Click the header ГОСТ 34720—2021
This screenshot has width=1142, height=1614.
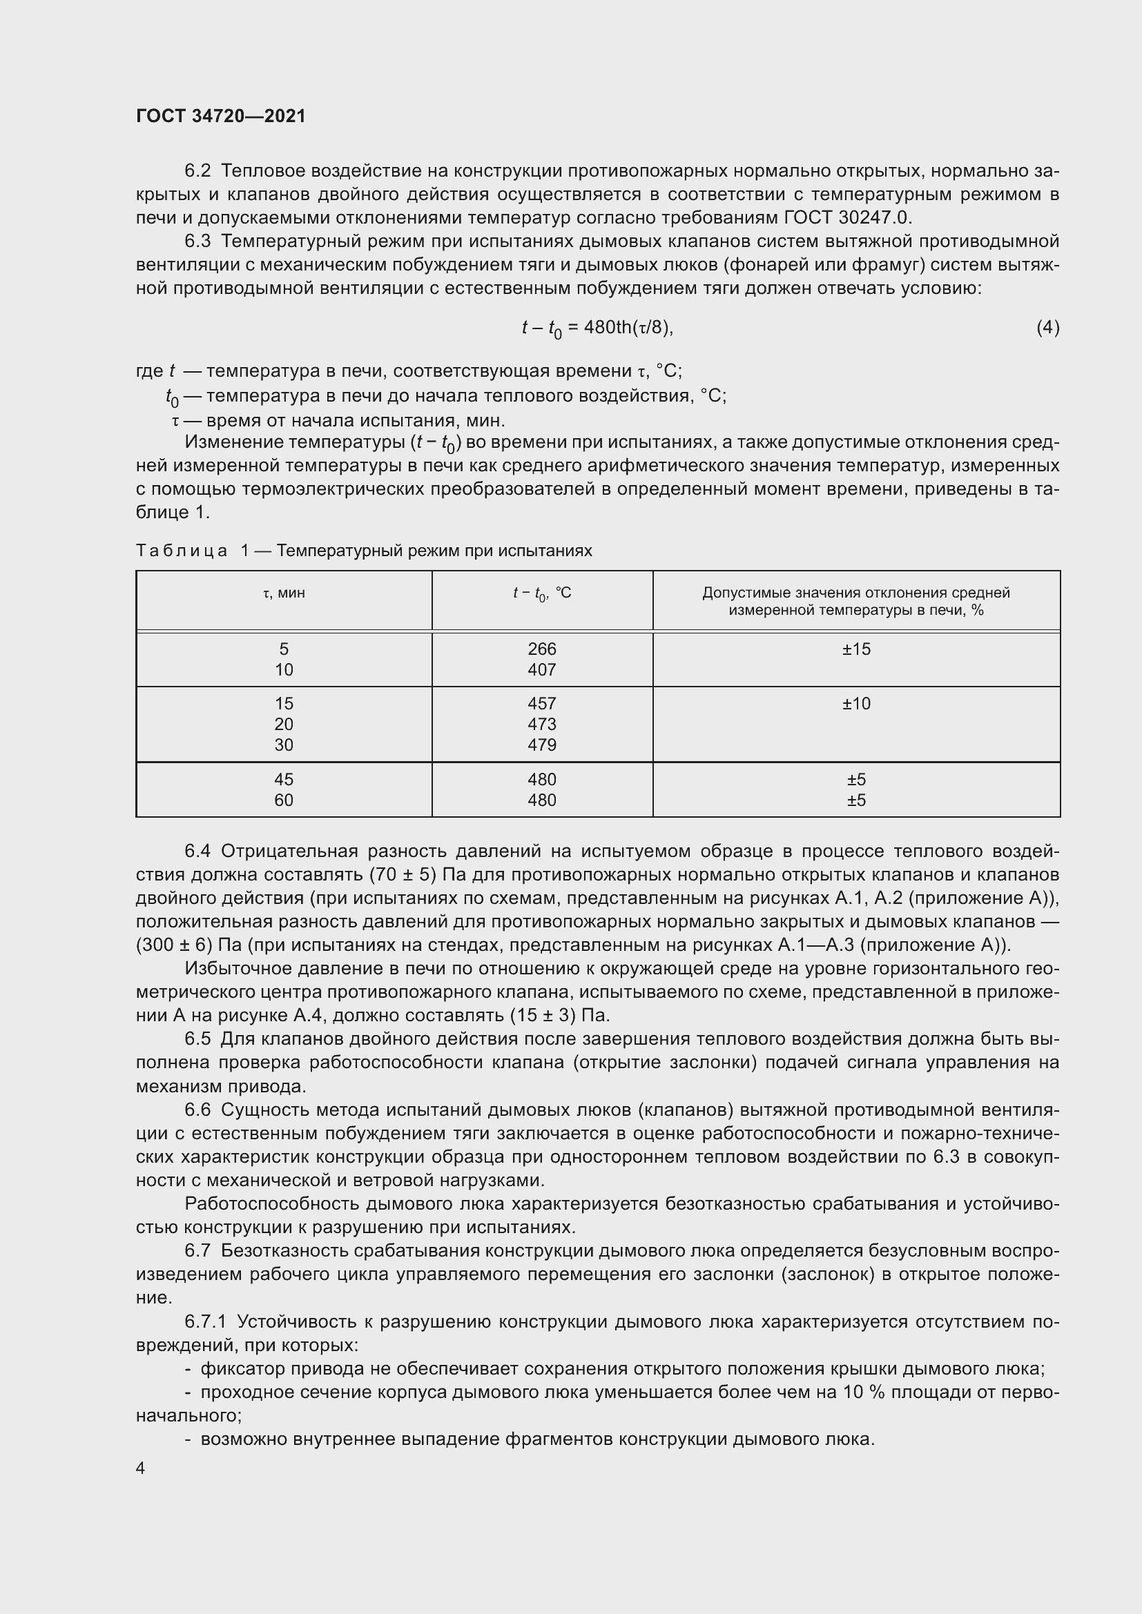click(x=221, y=116)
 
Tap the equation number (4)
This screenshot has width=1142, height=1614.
click(x=1047, y=327)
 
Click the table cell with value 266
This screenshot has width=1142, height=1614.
click(x=541, y=649)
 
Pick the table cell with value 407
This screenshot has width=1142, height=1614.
click(x=541, y=670)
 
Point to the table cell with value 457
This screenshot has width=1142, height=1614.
click(x=541, y=704)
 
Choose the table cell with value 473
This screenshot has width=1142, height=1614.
click(x=541, y=724)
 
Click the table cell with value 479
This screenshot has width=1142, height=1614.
click(x=541, y=745)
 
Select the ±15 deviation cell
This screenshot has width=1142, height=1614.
click(x=855, y=649)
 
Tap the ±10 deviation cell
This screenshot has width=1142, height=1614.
click(x=855, y=704)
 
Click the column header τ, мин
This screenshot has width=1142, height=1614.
click(x=283, y=593)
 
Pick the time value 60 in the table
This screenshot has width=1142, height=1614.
click(x=283, y=800)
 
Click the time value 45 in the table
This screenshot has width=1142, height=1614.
click(x=283, y=780)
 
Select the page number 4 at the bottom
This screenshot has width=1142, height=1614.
click(x=141, y=1468)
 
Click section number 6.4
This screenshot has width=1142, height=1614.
click(x=197, y=852)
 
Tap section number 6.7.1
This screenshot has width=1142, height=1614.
click(x=205, y=1322)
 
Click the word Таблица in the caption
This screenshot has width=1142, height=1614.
click(x=182, y=551)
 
